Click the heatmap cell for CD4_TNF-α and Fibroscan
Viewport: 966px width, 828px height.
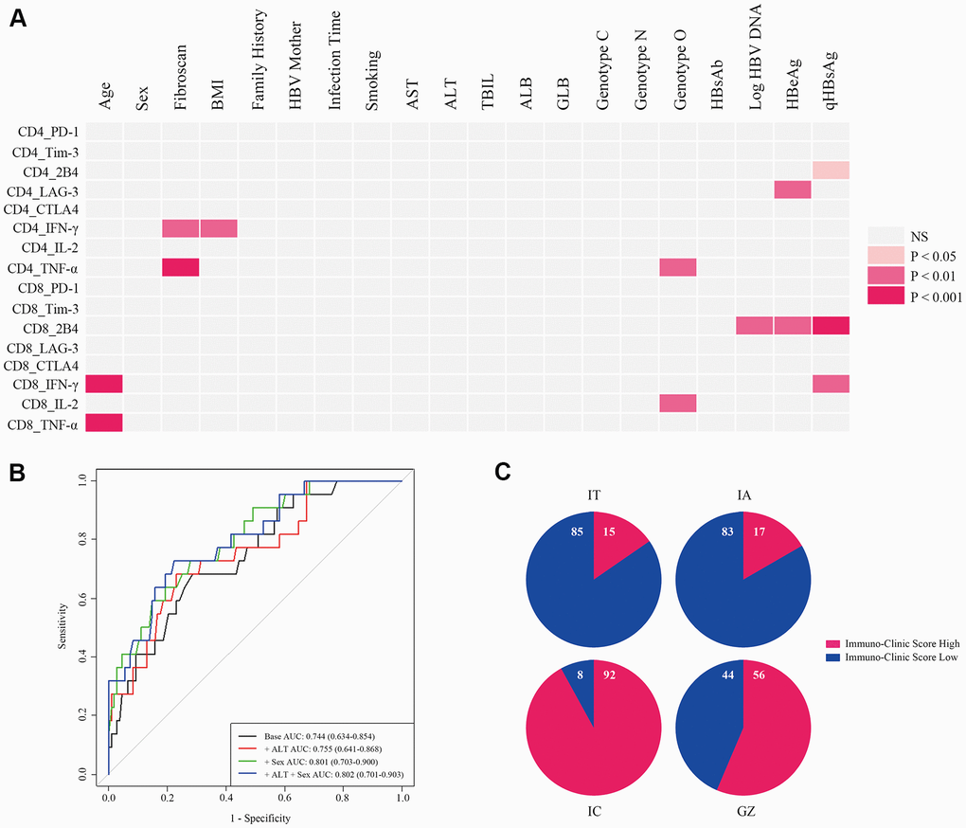(181, 267)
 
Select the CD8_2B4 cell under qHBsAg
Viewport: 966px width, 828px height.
(831, 326)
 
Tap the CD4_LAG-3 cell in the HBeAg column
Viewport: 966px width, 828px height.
(793, 189)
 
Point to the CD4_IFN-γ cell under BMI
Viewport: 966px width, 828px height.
(219, 228)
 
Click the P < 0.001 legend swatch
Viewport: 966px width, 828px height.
(887, 296)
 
